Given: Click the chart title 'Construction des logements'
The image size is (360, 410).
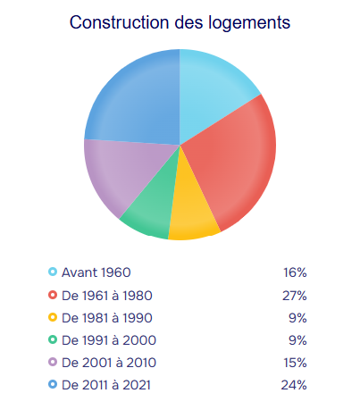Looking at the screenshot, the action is tap(180, 22).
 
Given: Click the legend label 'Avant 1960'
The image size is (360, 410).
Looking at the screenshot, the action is tap(96, 272).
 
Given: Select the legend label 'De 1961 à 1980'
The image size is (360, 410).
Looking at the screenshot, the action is tap(107, 296).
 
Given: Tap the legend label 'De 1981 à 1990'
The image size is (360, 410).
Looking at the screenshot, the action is tap(107, 318).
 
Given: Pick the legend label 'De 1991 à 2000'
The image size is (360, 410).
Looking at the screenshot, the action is tap(109, 340).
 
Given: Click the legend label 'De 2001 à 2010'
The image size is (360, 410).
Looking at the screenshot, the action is tap(109, 363).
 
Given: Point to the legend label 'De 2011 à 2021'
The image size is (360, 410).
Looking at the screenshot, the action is tap(106, 385).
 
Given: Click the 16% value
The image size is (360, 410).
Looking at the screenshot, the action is tap(295, 272).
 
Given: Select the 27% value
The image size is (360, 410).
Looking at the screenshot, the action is tap(295, 296).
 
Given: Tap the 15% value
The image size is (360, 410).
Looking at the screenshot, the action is tap(295, 363).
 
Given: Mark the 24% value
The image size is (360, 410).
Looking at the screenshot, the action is tap(294, 385).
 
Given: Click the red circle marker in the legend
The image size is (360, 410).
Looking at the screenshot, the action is tap(53, 295).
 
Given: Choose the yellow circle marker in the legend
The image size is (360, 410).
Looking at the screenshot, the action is tap(53, 317).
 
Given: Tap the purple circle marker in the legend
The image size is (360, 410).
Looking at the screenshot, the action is tap(53, 362).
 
